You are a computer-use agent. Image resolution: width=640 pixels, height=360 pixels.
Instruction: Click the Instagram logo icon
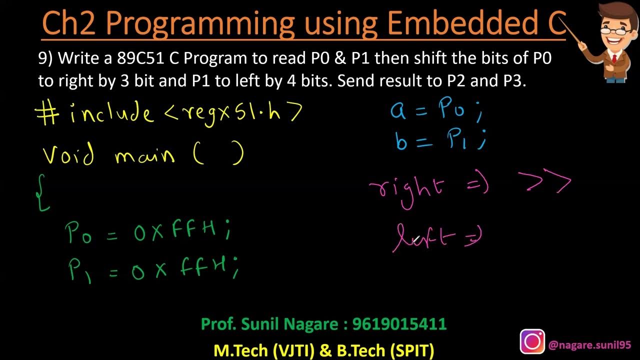coord(532,342)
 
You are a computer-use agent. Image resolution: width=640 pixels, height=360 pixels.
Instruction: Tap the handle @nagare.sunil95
coord(589,345)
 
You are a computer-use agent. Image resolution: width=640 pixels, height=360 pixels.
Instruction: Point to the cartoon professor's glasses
coord(611,29)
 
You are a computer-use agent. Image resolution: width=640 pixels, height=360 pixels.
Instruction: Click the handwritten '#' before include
coord(48,114)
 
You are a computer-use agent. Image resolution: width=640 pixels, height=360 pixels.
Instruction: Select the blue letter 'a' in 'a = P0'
coord(398,111)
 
